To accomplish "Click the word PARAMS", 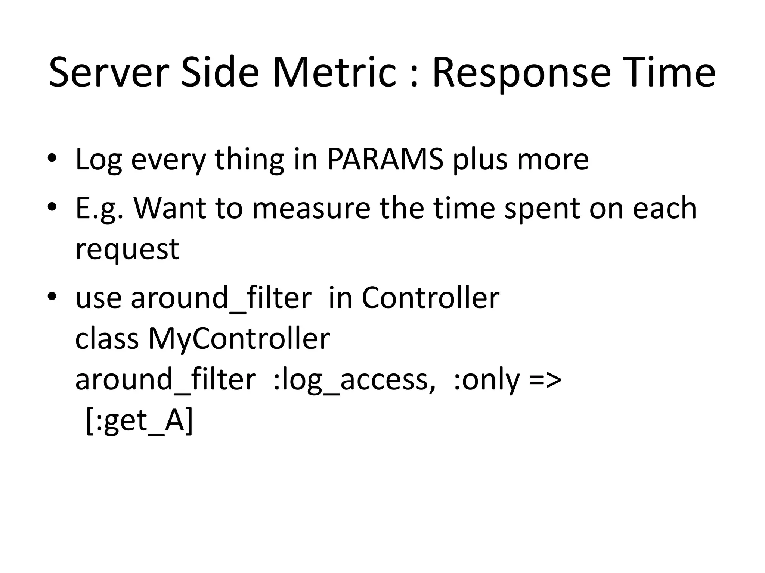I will pyautogui.click(x=385, y=159).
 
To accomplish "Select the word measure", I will pyautogui.click(x=312, y=208).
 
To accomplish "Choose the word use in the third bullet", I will pyautogui.click(x=98, y=298).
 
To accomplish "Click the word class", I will pyautogui.click(x=107, y=339).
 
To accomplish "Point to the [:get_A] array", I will pyautogui.click(x=139, y=421).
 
